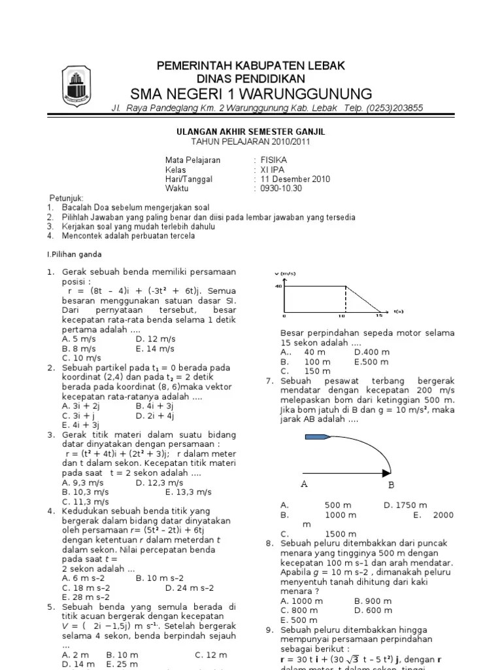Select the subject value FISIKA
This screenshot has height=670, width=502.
pos(273,160)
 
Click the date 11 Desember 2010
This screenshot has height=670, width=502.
pos(295,179)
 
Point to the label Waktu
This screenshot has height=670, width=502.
pos(176,188)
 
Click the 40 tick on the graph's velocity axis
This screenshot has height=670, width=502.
pos(278,286)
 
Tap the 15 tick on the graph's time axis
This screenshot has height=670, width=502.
pos(379,315)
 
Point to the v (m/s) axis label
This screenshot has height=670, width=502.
pos(285,273)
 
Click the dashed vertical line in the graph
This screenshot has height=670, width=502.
pos(344,298)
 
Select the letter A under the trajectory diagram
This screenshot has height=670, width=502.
pos(304,485)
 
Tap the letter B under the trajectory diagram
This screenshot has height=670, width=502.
pos(392,485)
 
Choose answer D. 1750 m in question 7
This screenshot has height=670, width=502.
pos(405,505)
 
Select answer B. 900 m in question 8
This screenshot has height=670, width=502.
pos(373,601)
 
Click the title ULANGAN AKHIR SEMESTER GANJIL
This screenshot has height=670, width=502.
pos(251,132)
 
